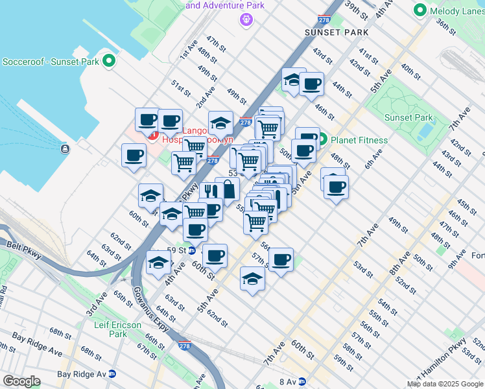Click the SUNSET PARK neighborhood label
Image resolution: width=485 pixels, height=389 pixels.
tap(337, 32)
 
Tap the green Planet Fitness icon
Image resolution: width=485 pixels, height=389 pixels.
tap(322, 139)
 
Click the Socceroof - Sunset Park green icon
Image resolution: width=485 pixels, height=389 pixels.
tap(108, 62)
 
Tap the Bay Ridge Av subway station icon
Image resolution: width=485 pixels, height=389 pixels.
tap(112, 374)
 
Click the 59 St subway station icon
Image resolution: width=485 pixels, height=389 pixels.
tap(192, 250)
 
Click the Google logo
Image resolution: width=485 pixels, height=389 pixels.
tap(21, 381)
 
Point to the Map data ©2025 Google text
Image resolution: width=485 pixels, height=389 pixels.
tap(445, 384)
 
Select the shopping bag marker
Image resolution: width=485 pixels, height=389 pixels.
tap(228, 189)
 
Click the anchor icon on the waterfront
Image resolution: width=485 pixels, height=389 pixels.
tap(65, 149)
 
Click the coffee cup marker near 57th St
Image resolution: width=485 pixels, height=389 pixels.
tap(281, 261)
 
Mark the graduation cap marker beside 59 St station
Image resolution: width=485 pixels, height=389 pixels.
tap(158, 263)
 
